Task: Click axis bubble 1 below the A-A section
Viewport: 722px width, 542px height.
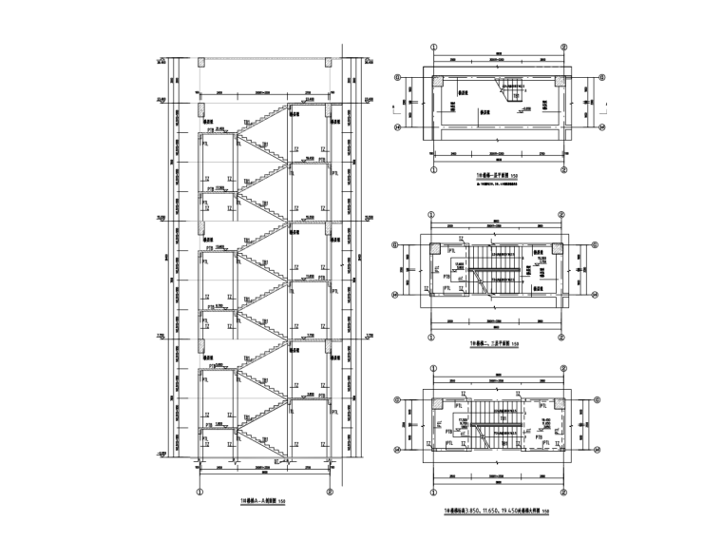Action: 200,492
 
